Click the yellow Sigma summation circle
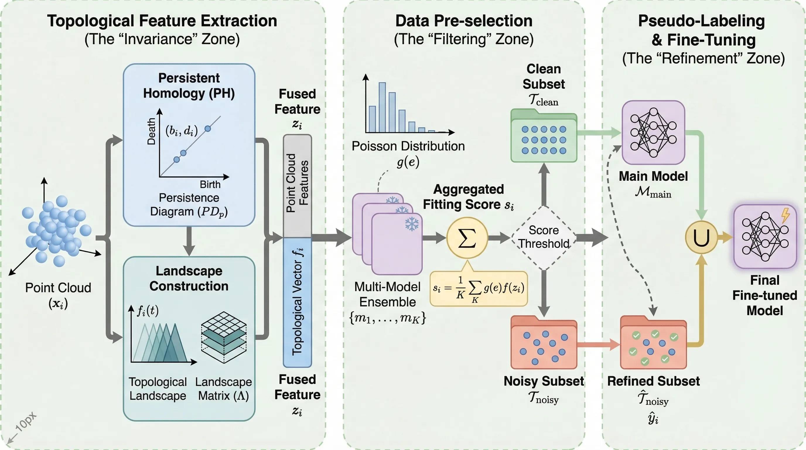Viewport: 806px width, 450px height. pos(467,238)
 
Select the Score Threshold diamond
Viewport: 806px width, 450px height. pos(544,238)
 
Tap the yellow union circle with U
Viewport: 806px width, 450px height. pos(701,238)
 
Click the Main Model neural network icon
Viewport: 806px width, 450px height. pos(653,132)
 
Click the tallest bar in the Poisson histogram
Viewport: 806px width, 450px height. pos(382,107)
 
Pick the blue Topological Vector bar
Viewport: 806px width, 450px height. pos(297,302)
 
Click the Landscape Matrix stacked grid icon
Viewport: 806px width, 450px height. pos(224,337)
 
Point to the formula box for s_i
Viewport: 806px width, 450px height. pos(479,289)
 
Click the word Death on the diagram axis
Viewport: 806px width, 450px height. pos(151,131)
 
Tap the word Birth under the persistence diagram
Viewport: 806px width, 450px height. pos(210,185)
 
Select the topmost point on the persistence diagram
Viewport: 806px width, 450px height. pos(208,128)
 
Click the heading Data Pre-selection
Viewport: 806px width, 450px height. pos(464,21)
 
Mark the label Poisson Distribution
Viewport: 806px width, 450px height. pos(408,146)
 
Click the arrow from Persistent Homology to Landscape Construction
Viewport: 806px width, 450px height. pos(189,241)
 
